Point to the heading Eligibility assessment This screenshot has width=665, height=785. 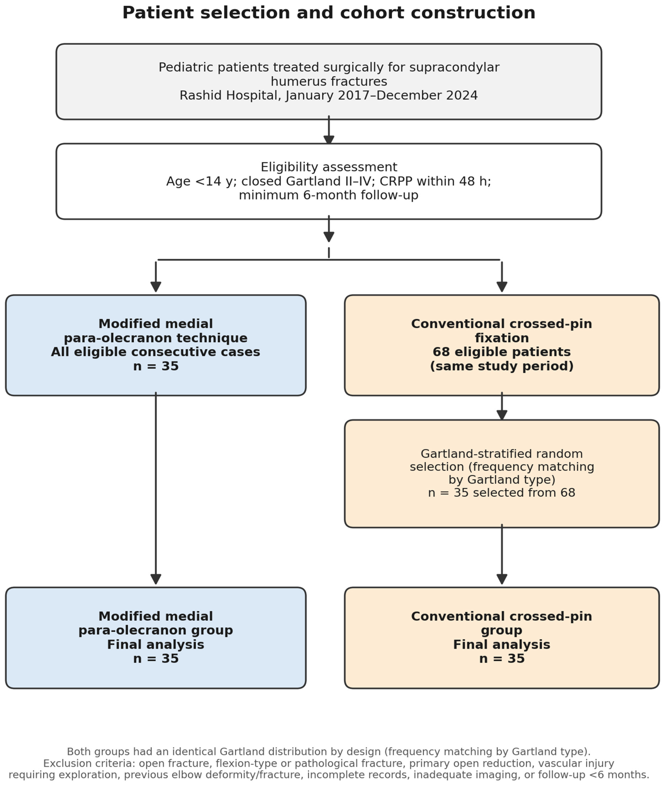329,167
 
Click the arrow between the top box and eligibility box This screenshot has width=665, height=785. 329,130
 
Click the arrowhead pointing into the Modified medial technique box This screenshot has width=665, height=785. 156,287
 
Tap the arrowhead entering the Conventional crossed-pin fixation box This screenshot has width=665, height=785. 502,287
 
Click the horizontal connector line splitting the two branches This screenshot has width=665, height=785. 329,260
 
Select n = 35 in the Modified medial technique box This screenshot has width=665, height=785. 156,366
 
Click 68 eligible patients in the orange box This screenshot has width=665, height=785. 502,352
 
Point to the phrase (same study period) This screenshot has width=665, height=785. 502,366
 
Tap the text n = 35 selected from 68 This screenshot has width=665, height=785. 502,493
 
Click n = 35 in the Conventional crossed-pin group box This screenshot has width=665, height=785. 502,659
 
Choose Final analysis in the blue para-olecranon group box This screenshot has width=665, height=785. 156,645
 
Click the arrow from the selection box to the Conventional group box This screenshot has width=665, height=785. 502,555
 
